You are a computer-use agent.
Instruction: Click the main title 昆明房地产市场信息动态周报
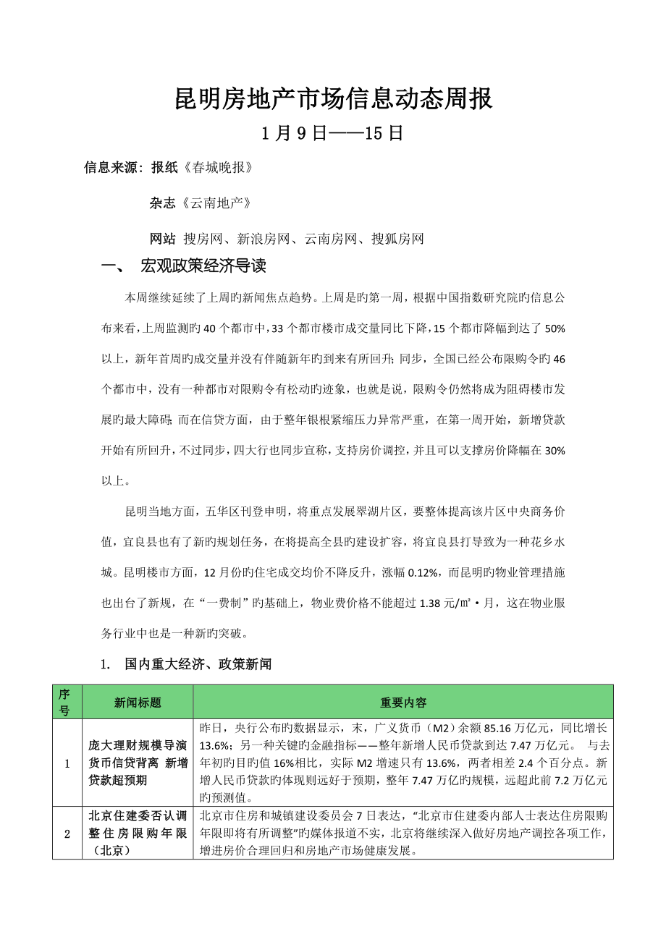pyautogui.click(x=334, y=99)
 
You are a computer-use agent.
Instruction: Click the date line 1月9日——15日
pyautogui.click(x=333, y=134)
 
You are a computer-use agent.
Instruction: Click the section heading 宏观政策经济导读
pyautogui.click(x=203, y=266)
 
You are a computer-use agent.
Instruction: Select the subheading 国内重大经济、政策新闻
pyautogui.click(x=198, y=663)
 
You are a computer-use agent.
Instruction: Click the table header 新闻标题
pyautogui.click(x=138, y=702)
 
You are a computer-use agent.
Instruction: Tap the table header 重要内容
pyautogui.click(x=403, y=702)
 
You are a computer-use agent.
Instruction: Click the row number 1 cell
pyautogui.click(x=67, y=763)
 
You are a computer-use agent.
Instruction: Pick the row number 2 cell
pyautogui.click(x=67, y=833)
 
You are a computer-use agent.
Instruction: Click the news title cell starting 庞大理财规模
pyautogui.click(x=138, y=763)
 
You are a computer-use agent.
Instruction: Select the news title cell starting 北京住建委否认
pyautogui.click(x=138, y=833)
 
